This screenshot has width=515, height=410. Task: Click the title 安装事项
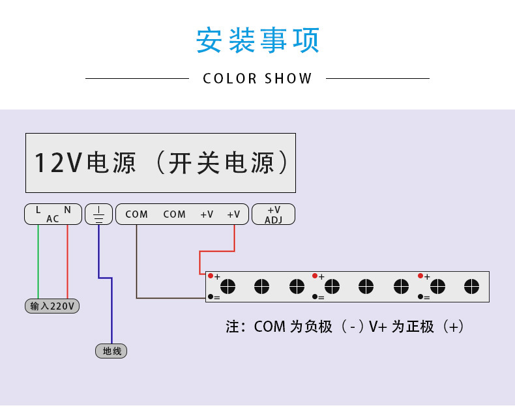[257, 40]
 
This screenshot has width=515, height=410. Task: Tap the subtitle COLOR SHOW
[257, 79]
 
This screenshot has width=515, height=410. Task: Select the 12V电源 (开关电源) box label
[160, 162]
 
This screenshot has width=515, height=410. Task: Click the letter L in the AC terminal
[38, 210]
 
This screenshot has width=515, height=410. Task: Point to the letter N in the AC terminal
[67, 210]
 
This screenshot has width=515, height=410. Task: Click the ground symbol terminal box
[98, 214]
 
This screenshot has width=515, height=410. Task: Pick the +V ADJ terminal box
[273, 214]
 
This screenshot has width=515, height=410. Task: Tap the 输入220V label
[52, 306]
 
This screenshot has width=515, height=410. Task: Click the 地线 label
[111, 351]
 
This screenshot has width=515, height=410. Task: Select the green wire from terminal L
[38, 261]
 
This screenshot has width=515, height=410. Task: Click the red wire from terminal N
[67, 261]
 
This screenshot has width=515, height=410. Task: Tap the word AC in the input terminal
[53, 219]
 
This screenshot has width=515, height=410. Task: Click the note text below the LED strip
[345, 327]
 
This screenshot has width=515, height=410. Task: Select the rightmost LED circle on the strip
[471, 286]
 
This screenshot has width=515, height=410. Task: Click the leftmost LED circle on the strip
[228, 286]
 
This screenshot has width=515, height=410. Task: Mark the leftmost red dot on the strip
[211, 276]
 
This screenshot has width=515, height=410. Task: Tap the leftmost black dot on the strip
[211, 297]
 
